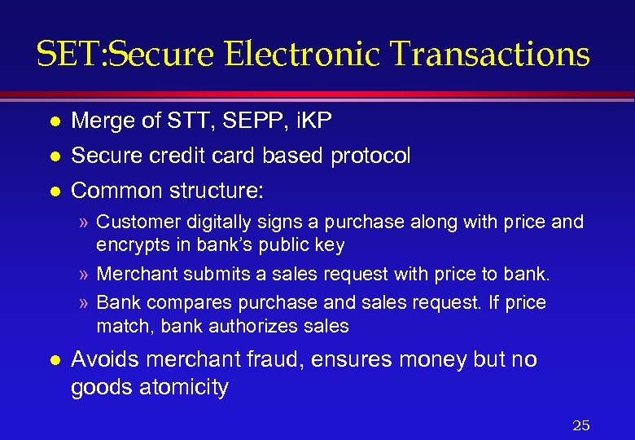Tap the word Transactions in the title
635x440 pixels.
coord(489,55)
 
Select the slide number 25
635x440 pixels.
coord(580,425)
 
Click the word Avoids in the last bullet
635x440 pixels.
coord(101,359)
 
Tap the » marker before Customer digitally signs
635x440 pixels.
coord(84,222)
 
